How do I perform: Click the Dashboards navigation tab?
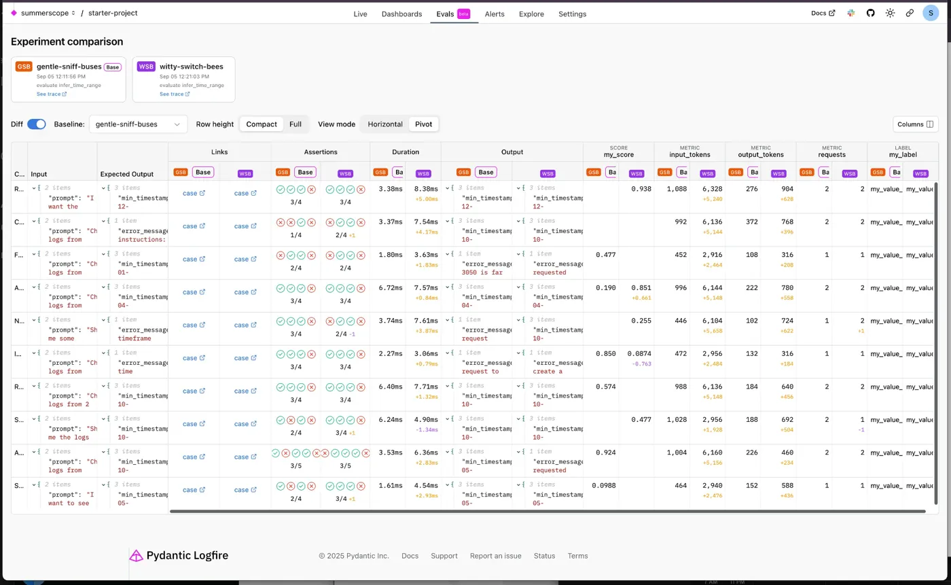(401, 14)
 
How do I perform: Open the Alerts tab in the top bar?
(495, 14)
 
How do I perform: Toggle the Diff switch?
(37, 124)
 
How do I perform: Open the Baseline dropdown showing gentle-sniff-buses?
(138, 124)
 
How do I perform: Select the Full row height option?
(295, 124)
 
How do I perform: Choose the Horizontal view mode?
(385, 124)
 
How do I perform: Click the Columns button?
(915, 124)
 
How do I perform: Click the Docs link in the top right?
(823, 13)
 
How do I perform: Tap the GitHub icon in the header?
(870, 13)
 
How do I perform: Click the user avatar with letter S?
(931, 13)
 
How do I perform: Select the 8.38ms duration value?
(426, 189)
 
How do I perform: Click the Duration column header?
(406, 152)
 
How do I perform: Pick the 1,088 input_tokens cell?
(677, 189)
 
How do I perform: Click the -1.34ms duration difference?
(426, 430)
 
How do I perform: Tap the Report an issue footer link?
(495, 556)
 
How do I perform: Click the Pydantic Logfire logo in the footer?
(179, 556)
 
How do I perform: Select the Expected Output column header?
(127, 174)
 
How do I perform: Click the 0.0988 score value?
(603, 486)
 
